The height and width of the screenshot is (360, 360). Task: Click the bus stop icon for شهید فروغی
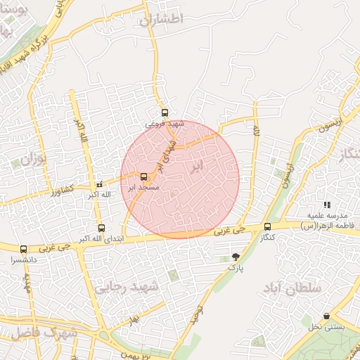(x=165, y=112)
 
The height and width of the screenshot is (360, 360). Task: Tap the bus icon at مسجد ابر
(x=144, y=176)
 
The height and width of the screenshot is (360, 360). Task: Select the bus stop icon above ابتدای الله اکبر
(x=101, y=228)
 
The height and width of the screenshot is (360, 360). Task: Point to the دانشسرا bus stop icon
(x=24, y=249)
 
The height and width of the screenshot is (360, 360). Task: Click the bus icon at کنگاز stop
(x=267, y=226)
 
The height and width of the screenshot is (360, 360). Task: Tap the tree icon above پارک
(x=235, y=257)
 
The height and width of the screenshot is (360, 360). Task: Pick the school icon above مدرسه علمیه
(x=327, y=205)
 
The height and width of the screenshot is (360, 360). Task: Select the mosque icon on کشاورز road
(x=99, y=184)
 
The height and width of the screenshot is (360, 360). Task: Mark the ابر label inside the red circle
(x=197, y=167)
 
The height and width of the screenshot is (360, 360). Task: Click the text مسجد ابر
(x=146, y=188)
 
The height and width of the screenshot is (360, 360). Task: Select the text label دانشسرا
(x=25, y=259)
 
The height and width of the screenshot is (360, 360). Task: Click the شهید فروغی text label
(x=164, y=124)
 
